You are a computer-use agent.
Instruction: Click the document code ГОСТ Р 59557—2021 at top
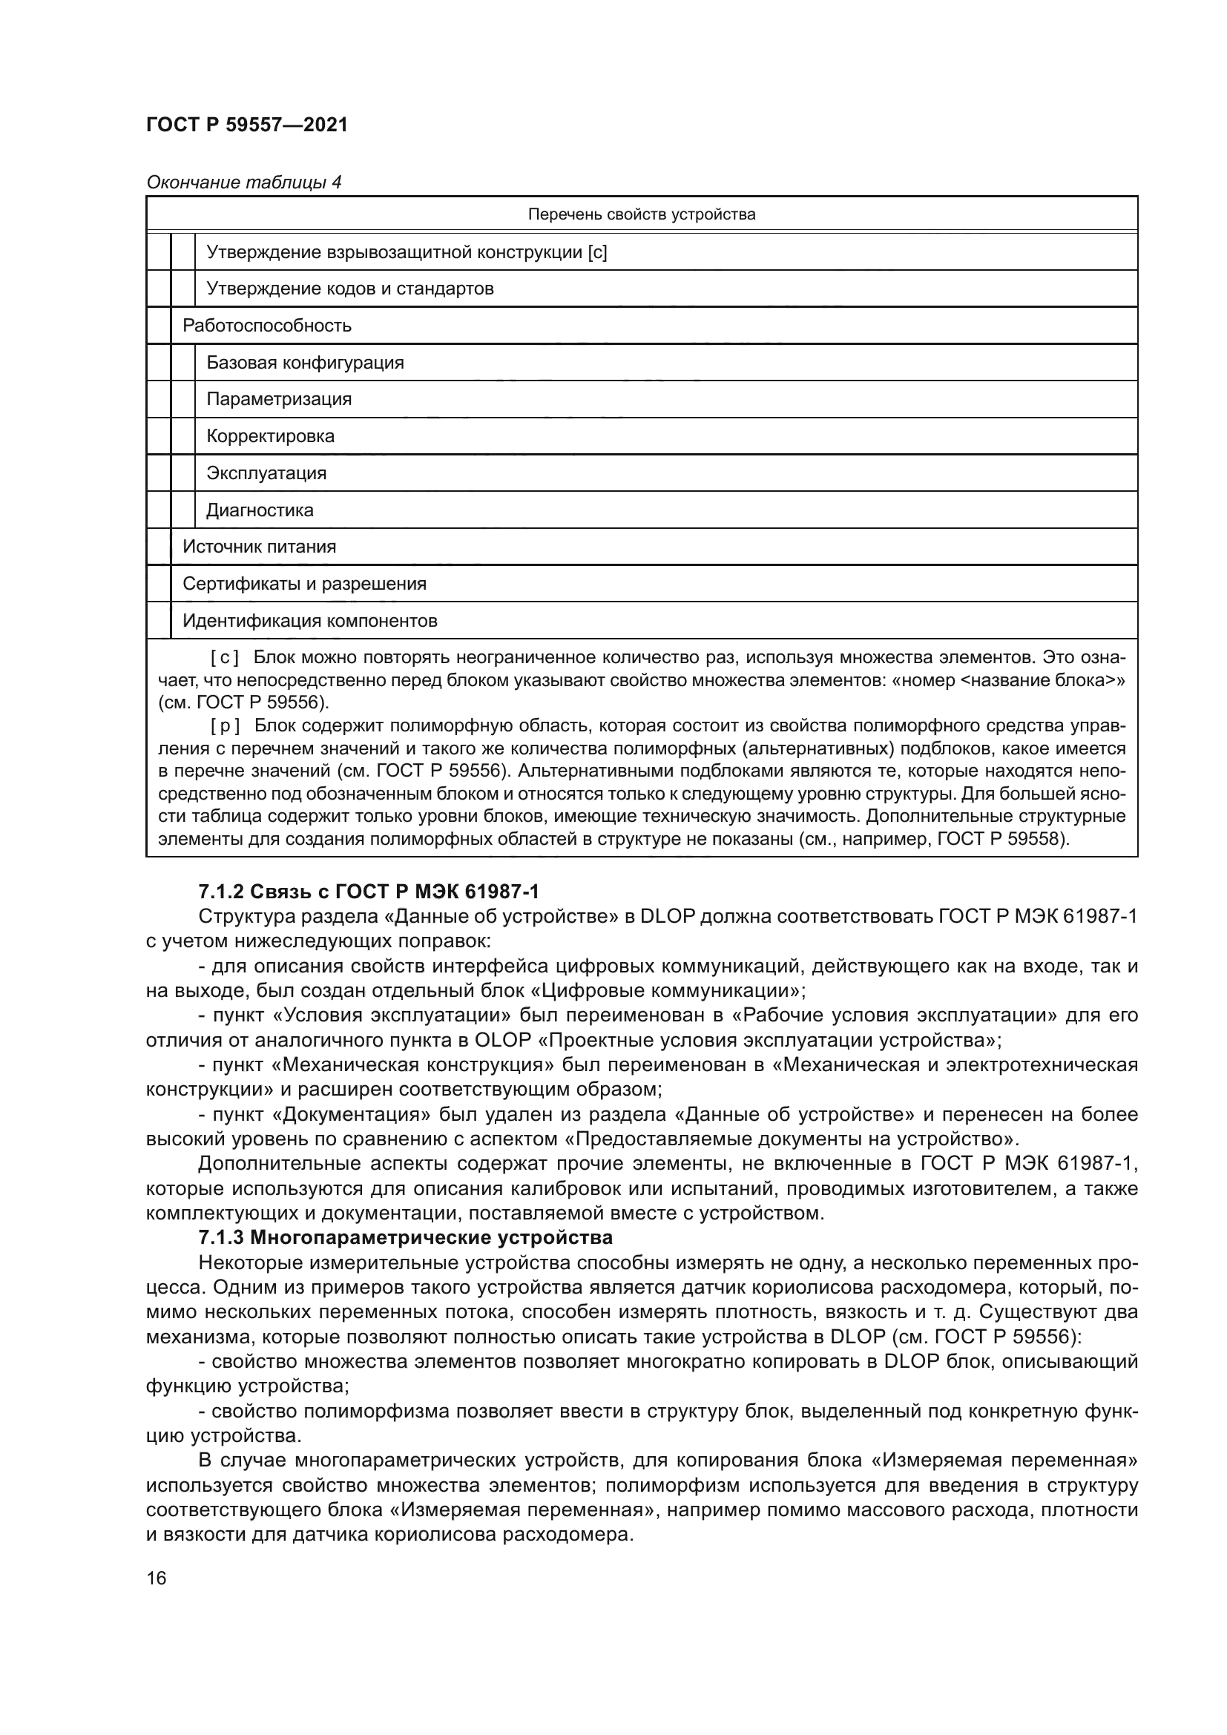pyautogui.click(x=247, y=125)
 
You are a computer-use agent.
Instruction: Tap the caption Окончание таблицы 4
pyautogui.click(x=243, y=182)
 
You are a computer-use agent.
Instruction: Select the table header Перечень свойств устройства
pyautogui.click(x=641, y=214)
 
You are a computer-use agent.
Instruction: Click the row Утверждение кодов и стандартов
pyautogui.click(x=350, y=289)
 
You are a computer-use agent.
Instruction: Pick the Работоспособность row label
pyautogui.click(x=267, y=326)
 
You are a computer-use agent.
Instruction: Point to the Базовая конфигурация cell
pyautogui.click(x=305, y=363)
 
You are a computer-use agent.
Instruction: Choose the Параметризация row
pyautogui.click(x=279, y=399)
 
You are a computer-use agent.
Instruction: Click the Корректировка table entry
pyautogui.click(x=270, y=436)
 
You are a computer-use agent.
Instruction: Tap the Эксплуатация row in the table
pyautogui.click(x=266, y=473)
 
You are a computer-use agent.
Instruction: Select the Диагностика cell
pyautogui.click(x=260, y=510)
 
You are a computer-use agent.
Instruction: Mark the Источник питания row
pyautogui.click(x=259, y=547)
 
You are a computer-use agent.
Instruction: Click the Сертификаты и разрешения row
pyautogui.click(x=304, y=583)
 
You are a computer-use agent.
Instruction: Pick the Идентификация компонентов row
pyautogui.click(x=310, y=621)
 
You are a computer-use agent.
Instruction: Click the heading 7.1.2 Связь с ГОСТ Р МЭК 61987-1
pyautogui.click(x=369, y=892)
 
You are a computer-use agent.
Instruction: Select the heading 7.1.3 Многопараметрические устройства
pyautogui.click(x=405, y=1238)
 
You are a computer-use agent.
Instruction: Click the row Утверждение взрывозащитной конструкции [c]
pyautogui.click(x=407, y=252)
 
